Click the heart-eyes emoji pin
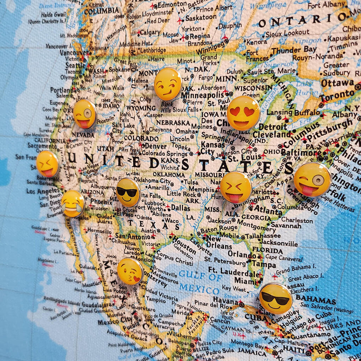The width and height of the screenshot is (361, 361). point(243,113)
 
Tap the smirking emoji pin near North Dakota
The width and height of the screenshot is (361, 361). point(168,84)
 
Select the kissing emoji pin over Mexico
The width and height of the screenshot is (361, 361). point(130,271)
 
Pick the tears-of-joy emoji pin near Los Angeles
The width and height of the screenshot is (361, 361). point(73,204)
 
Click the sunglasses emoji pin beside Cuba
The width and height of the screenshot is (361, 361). point(275,298)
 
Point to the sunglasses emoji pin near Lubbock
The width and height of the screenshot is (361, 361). point(128,192)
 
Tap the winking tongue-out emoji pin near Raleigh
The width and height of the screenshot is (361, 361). point(312,179)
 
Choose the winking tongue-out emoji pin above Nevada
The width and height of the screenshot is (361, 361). point(85,114)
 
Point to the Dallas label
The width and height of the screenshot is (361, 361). point(180,208)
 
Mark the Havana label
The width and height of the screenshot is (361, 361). point(225,300)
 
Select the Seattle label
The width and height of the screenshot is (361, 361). point(75,65)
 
